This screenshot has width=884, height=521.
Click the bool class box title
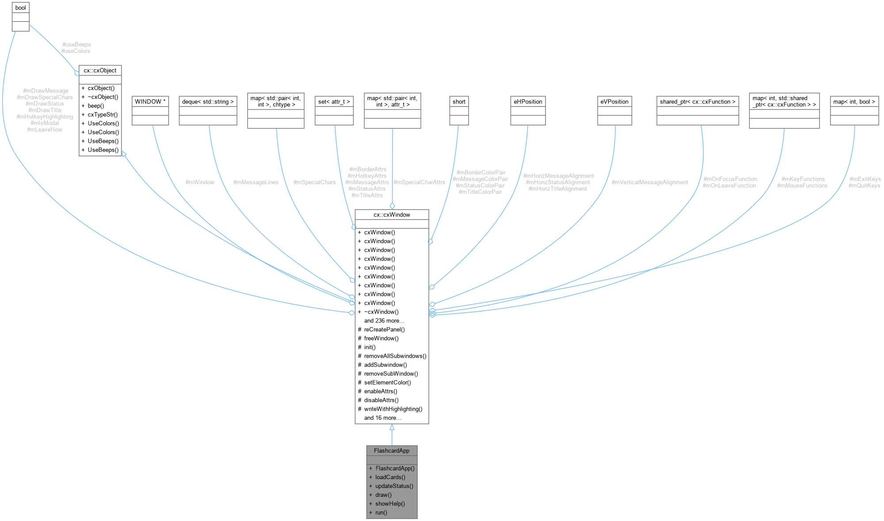click(x=20, y=8)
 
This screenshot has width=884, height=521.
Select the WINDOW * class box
click(x=150, y=102)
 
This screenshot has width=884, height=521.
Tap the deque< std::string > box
click(x=208, y=102)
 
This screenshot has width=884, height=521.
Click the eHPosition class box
click(x=528, y=102)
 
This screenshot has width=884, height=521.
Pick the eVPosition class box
click(x=614, y=102)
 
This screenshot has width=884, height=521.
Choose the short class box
click(x=459, y=102)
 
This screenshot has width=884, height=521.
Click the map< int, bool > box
click(x=854, y=102)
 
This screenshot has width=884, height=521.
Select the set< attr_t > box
click(x=334, y=102)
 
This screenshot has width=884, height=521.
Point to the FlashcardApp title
click(x=392, y=451)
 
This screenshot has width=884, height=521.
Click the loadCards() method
click(x=390, y=477)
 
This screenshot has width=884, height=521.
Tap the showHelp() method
click(x=390, y=504)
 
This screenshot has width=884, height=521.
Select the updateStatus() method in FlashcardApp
click(x=394, y=486)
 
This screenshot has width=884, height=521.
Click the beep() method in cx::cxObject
click(x=96, y=106)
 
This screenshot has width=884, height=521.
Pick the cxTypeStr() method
click(x=103, y=115)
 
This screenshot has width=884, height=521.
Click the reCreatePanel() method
click(x=384, y=329)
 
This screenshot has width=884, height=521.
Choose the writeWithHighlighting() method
click(x=393, y=409)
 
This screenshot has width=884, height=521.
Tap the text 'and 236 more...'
click(x=384, y=321)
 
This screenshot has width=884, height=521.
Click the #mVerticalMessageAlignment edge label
click(x=649, y=182)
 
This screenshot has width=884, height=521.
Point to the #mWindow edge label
click(x=200, y=182)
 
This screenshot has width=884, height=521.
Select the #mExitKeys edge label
click(x=865, y=179)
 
